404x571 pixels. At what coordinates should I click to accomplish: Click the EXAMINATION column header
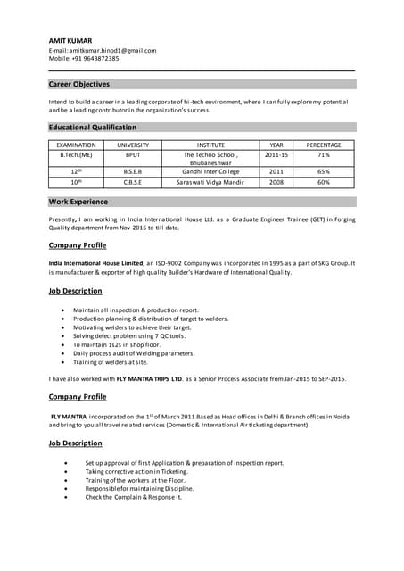pos(76,145)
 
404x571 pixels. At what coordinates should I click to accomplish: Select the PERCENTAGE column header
pos(323,145)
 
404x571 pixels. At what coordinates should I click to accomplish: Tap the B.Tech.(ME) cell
pos(76,154)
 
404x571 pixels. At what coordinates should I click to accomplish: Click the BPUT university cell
pos(133,154)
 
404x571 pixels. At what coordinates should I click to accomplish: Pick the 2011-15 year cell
pos(276,154)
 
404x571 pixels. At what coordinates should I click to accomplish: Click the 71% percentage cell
pos(323,154)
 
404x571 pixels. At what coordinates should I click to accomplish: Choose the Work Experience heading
pos(78,202)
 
